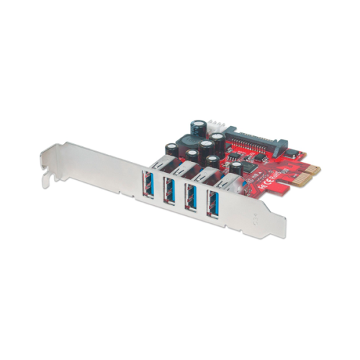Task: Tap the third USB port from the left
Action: [192, 197]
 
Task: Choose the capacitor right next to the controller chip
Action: [235, 168]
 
